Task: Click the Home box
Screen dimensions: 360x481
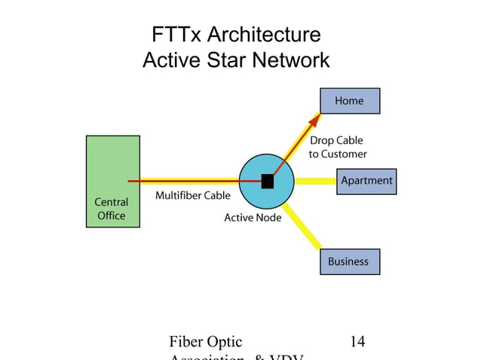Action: click(349, 101)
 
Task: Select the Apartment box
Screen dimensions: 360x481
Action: click(366, 181)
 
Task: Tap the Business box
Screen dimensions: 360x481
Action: click(349, 261)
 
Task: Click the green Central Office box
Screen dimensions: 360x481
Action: click(112, 181)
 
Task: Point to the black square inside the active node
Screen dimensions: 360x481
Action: click(267, 181)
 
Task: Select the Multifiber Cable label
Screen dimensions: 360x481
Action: click(192, 196)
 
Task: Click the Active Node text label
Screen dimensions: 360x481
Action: click(253, 218)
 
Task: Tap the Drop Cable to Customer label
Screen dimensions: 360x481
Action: click(338, 147)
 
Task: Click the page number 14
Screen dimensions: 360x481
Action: click(357, 341)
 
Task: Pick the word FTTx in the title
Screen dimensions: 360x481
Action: click(177, 35)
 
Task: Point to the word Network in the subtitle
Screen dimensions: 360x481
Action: click(293, 59)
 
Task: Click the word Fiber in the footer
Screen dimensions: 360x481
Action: click(189, 341)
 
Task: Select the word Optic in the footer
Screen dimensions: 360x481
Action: click(224, 341)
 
